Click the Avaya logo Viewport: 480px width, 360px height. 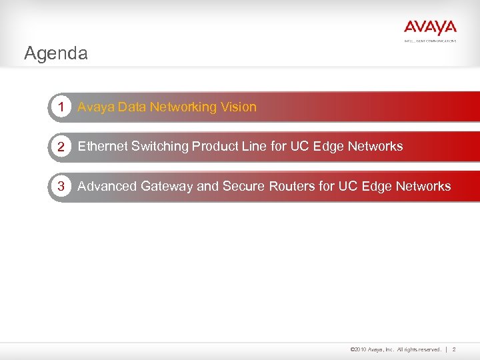(430, 27)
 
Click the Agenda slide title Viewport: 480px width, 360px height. (55, 53)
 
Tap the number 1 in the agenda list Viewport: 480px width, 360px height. (61, 107)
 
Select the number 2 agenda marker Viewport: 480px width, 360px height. (61, 147)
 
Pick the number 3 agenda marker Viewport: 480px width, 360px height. (61, 187)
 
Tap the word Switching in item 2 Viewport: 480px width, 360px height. (160, 147)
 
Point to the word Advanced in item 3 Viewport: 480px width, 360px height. (106, 187)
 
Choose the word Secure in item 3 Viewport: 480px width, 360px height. (243, 187)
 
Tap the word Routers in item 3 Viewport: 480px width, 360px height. (291, 187)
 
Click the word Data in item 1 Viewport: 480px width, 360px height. (132, 107)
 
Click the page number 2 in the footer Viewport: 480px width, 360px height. (454, 349)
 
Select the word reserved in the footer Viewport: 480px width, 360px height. (427, 349)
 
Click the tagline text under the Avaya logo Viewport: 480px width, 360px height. (430, 41)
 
